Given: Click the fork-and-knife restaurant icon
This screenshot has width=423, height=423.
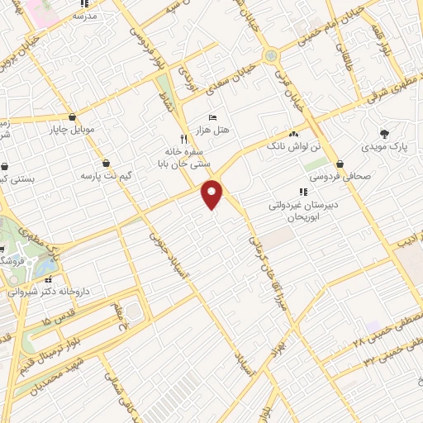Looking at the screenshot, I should (183, 139).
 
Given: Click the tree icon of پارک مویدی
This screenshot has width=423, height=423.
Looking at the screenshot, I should (383, 133).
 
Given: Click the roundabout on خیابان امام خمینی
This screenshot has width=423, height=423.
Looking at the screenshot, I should (272, 55).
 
